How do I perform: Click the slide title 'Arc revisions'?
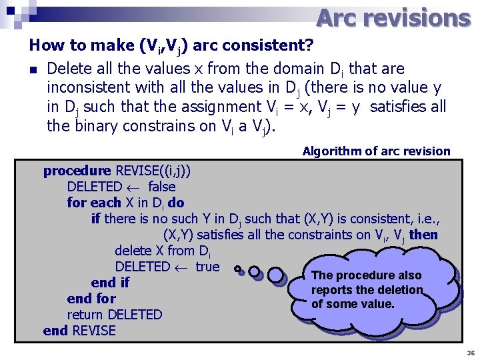pyautogui.click(x=393, y=18)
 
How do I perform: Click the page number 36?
pyautogui.click(x=471, y=353)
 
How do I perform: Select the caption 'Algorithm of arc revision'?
pyautogui.click(x=376, y=151)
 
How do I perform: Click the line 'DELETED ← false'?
pyautogui.click(x=121, y=187)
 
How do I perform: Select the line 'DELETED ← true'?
pyautogui.click(x=167, y=267)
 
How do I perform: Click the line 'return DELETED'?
pyautogui.click(x=115, y=315)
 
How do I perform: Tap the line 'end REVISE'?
pyautogui.click(x=79, y=331)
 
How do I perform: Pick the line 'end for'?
pyautogui.click(x=91, y=299)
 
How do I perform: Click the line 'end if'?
pyautogui.click(x=110, y=283)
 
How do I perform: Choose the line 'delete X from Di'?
pyautogui.click(x=163, y=251)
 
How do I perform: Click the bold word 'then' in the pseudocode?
pyautogui.click(x=424, y=235)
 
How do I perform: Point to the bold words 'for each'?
pyautogui.click(x=94, y=203)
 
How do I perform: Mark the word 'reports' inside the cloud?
pyautogui.click(x=331, y=290)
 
